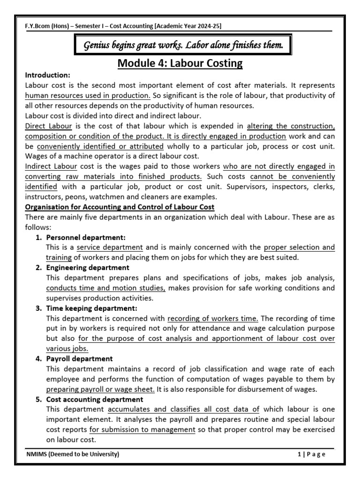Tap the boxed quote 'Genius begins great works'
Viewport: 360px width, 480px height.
click(183, 45)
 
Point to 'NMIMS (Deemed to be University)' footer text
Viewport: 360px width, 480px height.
click(73, 454)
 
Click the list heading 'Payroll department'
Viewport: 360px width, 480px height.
click(79, 359)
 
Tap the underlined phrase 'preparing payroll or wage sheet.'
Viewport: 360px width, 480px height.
click(100, 389)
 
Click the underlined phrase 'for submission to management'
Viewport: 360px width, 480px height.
click(142, 430)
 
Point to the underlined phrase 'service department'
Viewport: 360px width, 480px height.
click(110, 247)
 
